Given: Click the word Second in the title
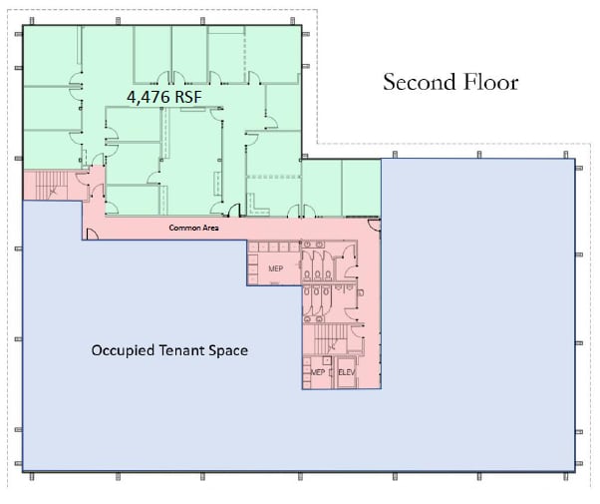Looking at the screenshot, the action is point(419,82).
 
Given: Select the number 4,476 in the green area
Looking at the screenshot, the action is point(149,97).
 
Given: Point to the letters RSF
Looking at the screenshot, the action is point(188,97).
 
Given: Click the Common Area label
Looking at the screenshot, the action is point(194,228).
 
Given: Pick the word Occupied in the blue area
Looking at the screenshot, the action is point(123,350).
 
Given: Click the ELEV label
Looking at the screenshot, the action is point(347,372).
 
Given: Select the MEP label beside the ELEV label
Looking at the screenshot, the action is point(318,372).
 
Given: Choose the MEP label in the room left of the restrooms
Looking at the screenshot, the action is point(275,268).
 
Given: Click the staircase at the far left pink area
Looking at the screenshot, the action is point(52,186).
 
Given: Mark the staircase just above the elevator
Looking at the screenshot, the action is point(330,338).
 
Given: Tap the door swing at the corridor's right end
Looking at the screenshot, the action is point(374,226).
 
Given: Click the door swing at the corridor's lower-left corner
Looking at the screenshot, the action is point(92,235).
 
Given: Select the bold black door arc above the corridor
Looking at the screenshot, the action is point(234,210).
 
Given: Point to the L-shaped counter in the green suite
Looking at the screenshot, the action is point(257,207).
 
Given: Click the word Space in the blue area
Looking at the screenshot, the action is point(228,350).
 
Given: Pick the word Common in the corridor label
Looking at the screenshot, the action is point(181,228).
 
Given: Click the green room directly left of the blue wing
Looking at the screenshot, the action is point(361,188).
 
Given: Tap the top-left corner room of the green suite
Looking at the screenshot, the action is point(52,56).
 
